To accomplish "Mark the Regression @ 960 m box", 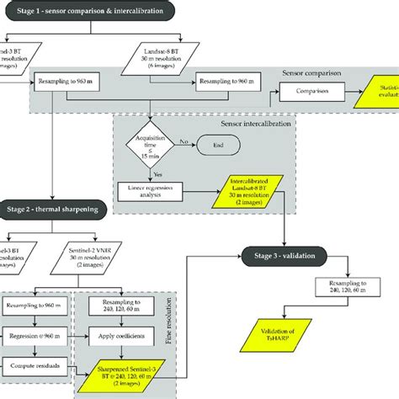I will [34, 334].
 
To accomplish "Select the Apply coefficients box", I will [124, 334].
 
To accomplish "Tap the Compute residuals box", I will [34, 364].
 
